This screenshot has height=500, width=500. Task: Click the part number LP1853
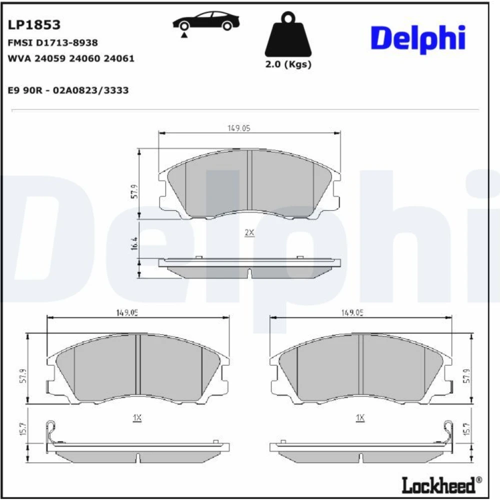coord(34,25)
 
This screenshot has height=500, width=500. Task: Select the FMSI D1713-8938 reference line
coord(52,42)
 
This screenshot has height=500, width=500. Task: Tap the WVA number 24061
coord(119,58)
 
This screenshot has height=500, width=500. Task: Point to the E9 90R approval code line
coord(68,90)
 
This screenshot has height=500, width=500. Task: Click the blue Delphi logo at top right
coord(418,39)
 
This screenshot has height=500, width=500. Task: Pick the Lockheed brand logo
coord(441,485)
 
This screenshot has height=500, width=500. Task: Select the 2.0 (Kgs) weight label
coord(288,64)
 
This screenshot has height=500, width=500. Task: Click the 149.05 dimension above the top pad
coord(239,128)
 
